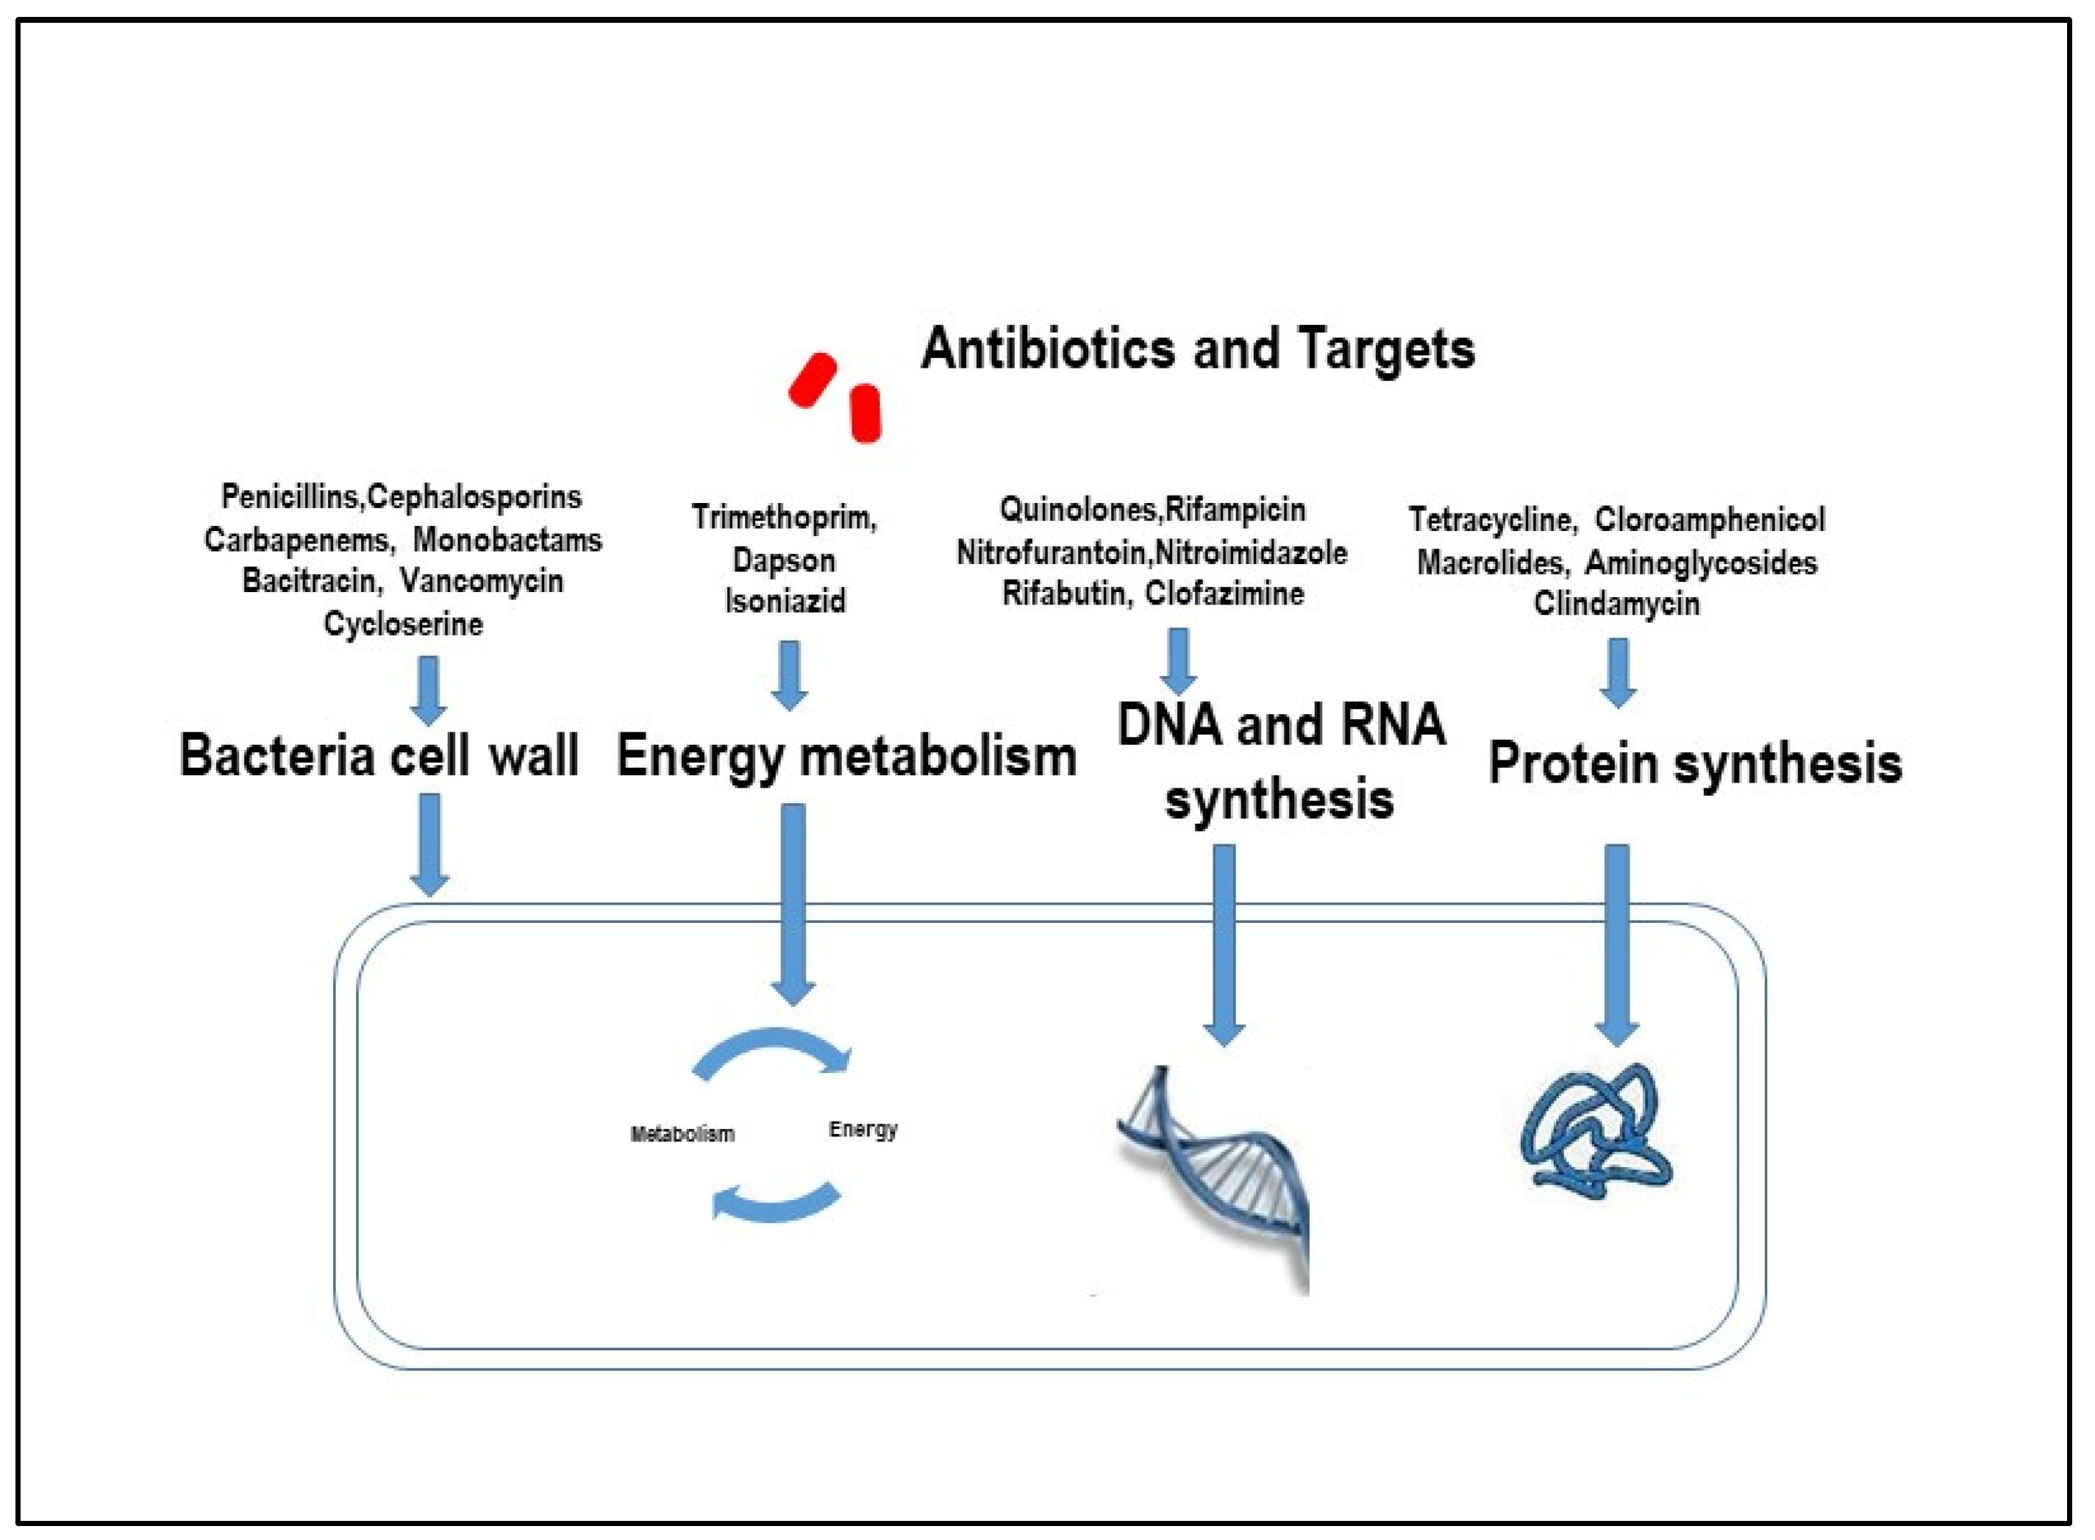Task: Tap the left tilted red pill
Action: pyautogui.click(x=812, y=380)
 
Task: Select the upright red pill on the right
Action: pyautogui.click(x=866, y=413)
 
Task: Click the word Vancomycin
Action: pyautogui.click(x=482, y=581)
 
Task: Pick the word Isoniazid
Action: pyautogui.click(x=785, y=600)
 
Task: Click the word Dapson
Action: pyautogui.click(x=784, y=560)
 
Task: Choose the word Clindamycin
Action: pyautogui.click(x=1616, y=603)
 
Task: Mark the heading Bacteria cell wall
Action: pyautogui.click(x=379, y=755)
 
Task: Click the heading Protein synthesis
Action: pyautogui.click(x=1694, y=763)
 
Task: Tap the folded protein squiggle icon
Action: pyautogui.click(x=1594, y=1128)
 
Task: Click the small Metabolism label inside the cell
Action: pyautogui.click(x=682, y=1133)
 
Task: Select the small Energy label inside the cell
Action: pyautogui.click(x=863, y=1129)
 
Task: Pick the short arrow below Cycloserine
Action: pyautogui.click(x=428, y=690)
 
